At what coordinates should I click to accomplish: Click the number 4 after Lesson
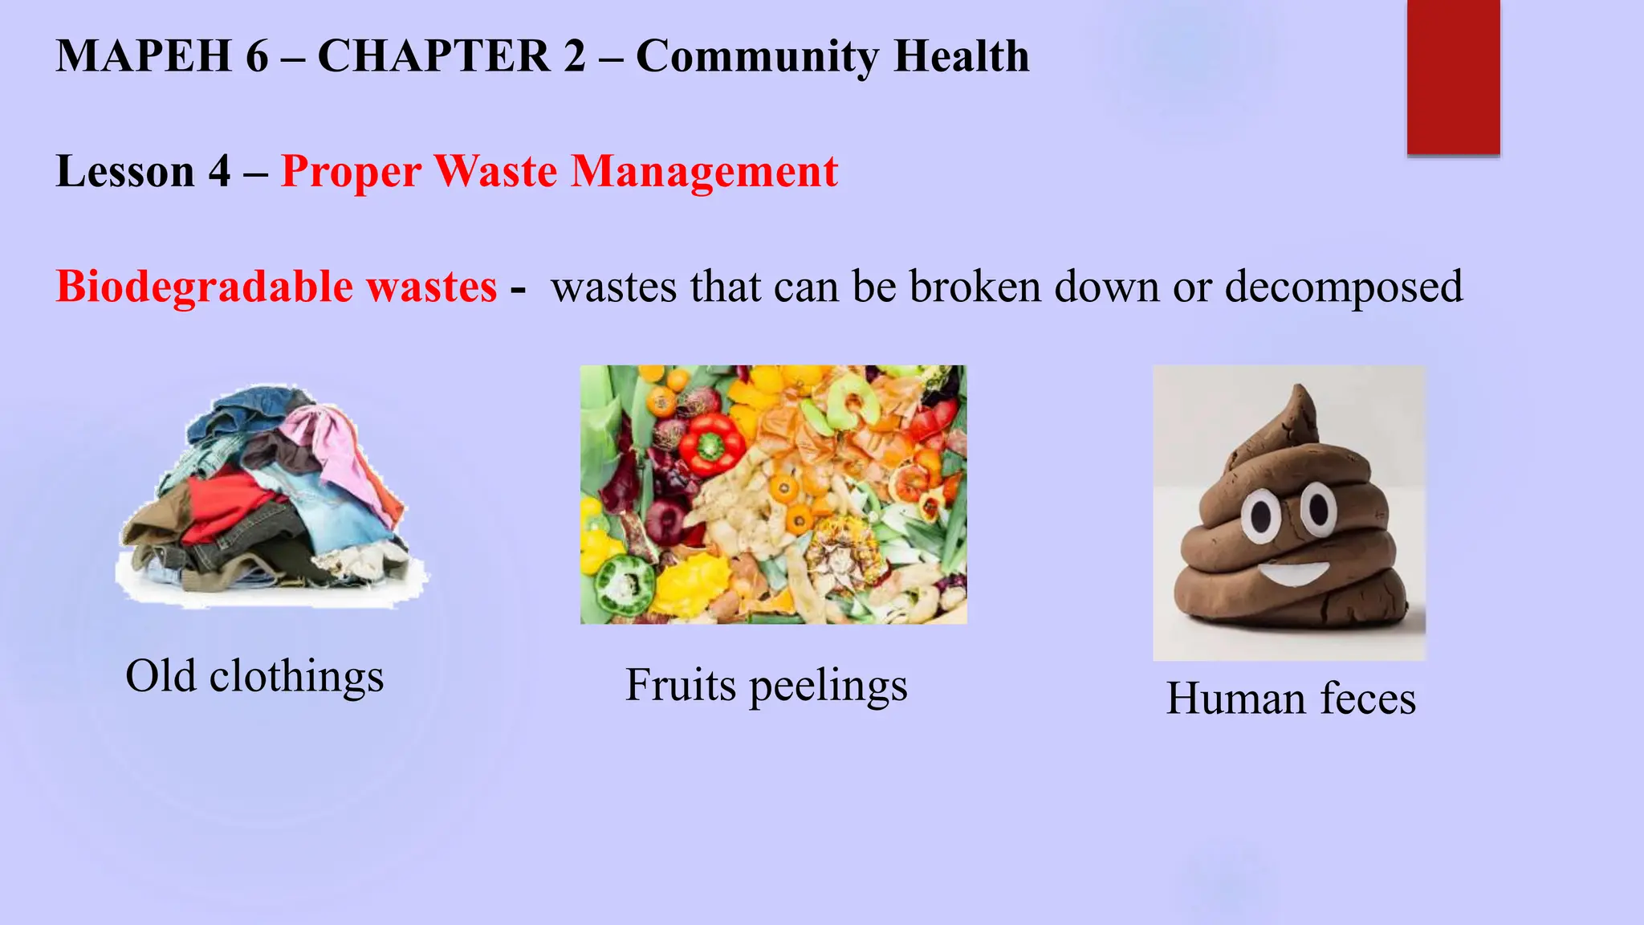219,172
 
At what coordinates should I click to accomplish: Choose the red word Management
704,172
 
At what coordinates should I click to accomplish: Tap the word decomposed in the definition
1343,287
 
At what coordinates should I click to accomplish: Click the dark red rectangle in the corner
1453,77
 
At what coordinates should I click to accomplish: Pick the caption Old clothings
254,676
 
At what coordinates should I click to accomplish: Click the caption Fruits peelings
766,686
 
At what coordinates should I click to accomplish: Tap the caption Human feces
1291,698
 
